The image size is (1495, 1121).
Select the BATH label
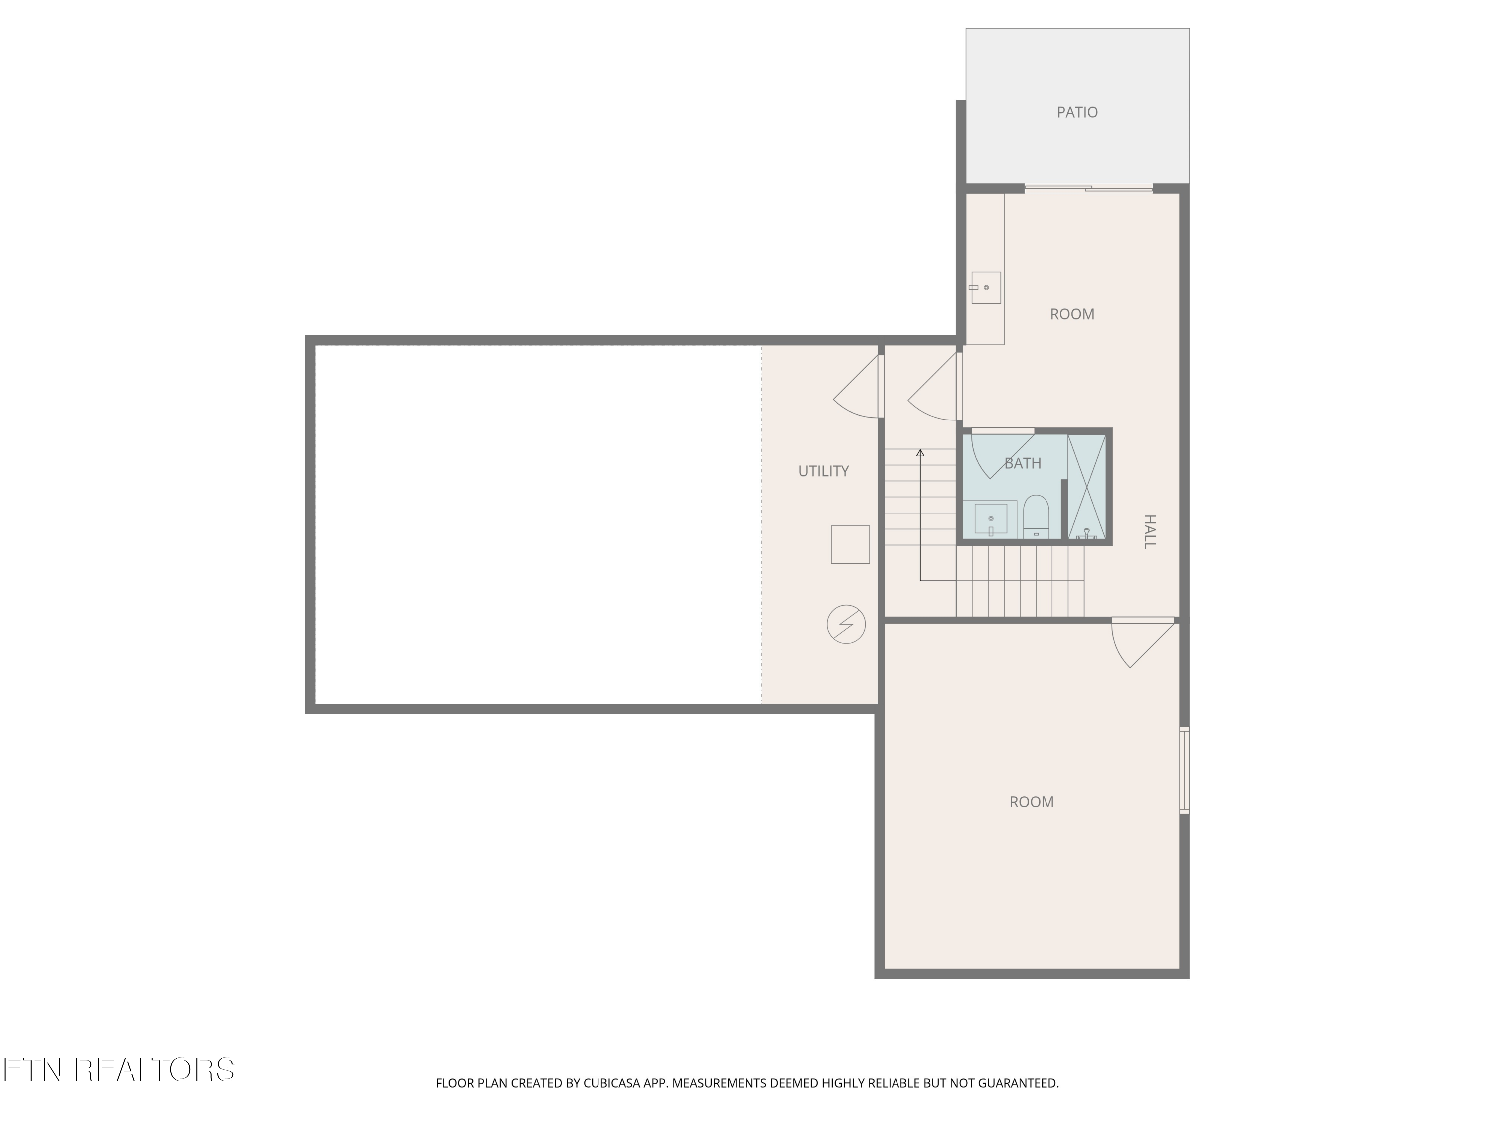(1023, 463)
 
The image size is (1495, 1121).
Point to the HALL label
(1149, 531)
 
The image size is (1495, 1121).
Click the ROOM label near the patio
(1072, 314)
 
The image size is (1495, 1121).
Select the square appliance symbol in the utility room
(850, 545)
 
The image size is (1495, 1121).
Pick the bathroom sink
(991, 520)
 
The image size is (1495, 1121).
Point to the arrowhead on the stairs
(920, 453)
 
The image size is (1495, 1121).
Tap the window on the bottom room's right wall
(1184, 770)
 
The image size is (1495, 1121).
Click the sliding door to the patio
(1088, 188)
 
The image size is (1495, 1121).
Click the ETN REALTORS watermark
(119, 1070)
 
